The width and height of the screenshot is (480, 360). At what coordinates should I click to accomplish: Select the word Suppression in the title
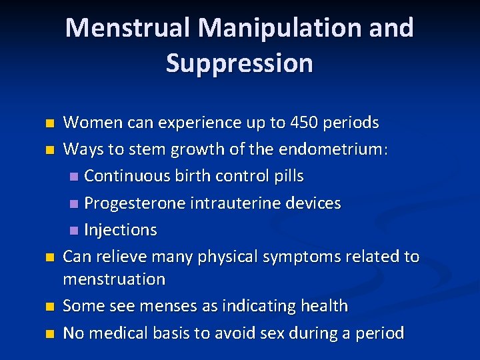(x=239, y=63)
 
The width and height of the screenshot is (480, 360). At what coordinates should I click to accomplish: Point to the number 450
(x=303, y=123)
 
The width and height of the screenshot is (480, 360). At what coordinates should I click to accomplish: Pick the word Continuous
(x=127, y=176)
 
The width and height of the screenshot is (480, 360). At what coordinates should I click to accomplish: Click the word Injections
(x=121, y=229)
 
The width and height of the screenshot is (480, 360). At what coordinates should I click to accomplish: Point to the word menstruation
(x=114, y=279)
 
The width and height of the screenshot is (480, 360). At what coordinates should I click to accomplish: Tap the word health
(x=323, y=306)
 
